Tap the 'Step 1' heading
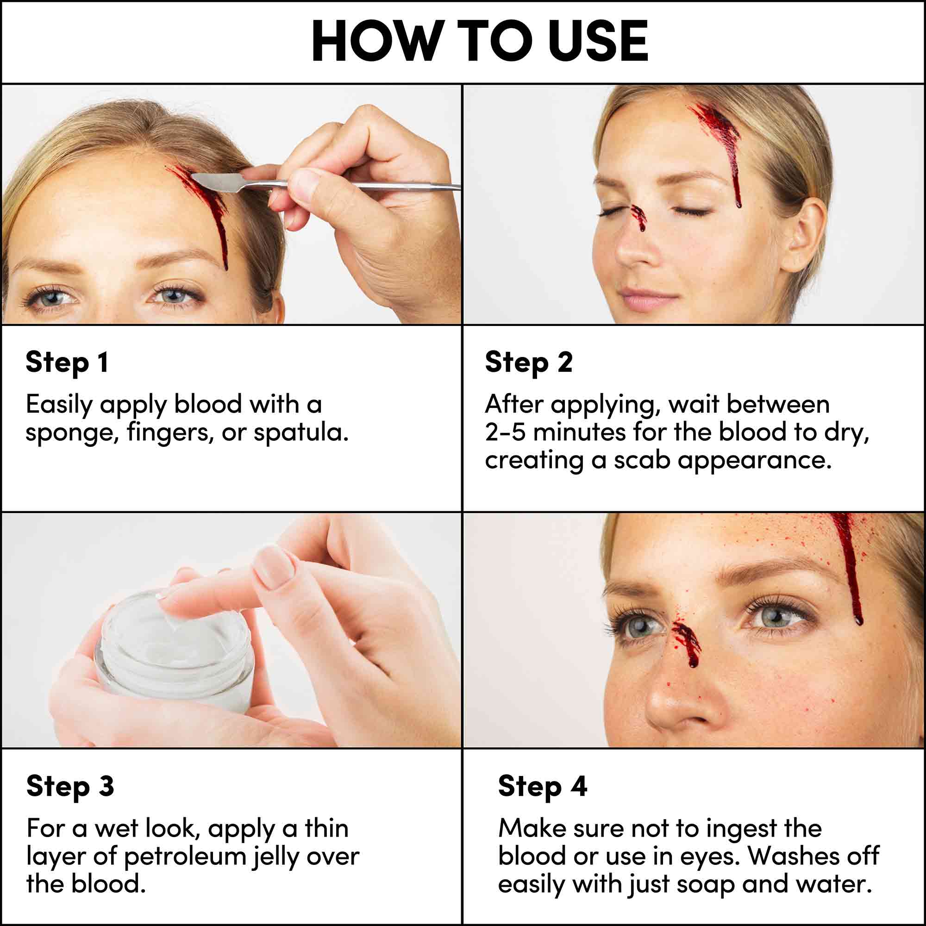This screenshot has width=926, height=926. pos(67,363)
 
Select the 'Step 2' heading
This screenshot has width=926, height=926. pos(528,363)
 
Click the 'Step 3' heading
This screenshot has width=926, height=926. pos(70,787)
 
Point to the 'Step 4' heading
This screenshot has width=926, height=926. pos(542,787)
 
